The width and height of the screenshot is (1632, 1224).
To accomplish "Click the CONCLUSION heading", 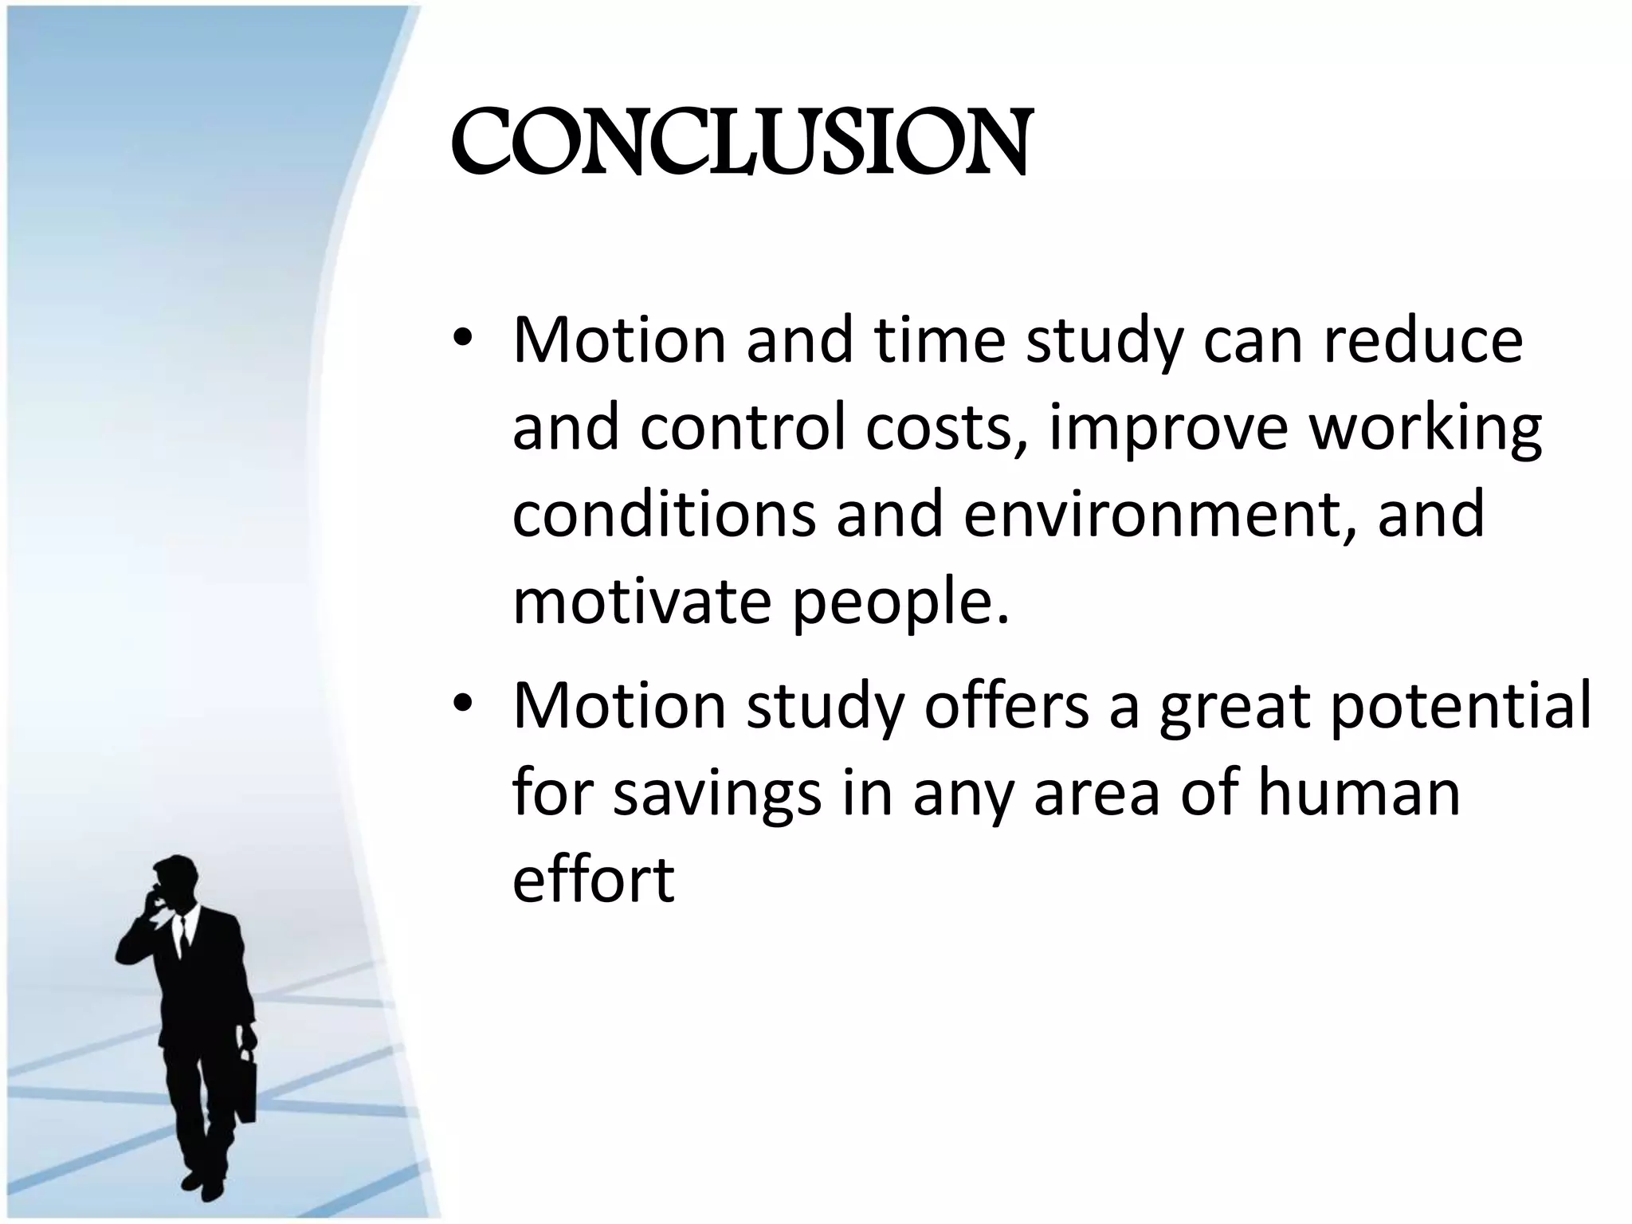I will coord(741,143).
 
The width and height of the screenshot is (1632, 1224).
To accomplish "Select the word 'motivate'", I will coord(641,602).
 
